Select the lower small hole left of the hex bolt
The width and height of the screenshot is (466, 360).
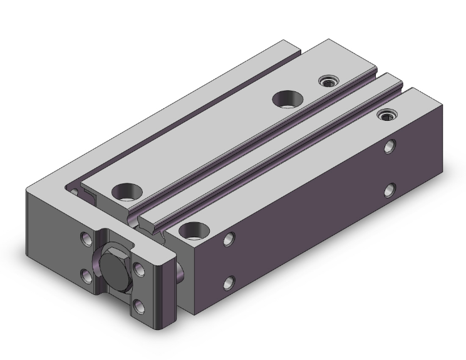pos(85,273)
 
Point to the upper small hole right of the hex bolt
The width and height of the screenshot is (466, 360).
pos(139,269)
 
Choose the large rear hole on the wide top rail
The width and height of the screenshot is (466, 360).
pos(287,98)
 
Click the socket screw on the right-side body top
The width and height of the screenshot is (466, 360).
pos(388,115)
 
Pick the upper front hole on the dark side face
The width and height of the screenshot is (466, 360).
pos(230,239)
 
